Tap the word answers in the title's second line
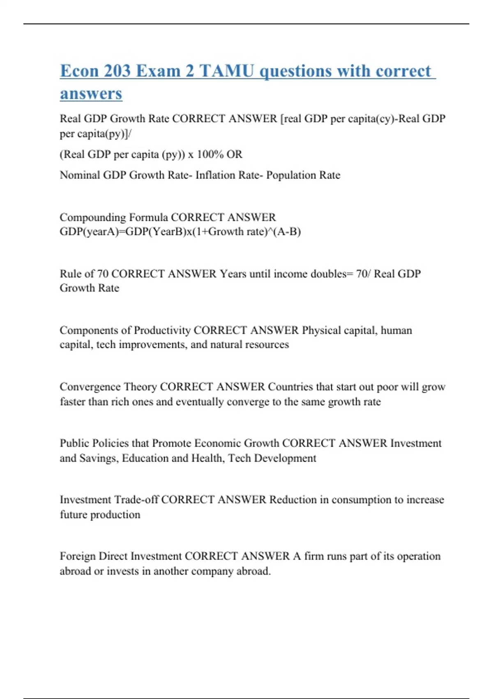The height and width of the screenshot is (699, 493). [91, 93]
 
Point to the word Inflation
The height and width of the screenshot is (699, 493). [215, 175]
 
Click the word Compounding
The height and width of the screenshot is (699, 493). [93, 217]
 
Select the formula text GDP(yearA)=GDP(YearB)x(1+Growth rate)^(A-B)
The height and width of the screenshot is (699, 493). [180, 232]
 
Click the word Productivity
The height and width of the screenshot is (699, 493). [162, 331]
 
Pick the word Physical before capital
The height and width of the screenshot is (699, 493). [321, 331]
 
